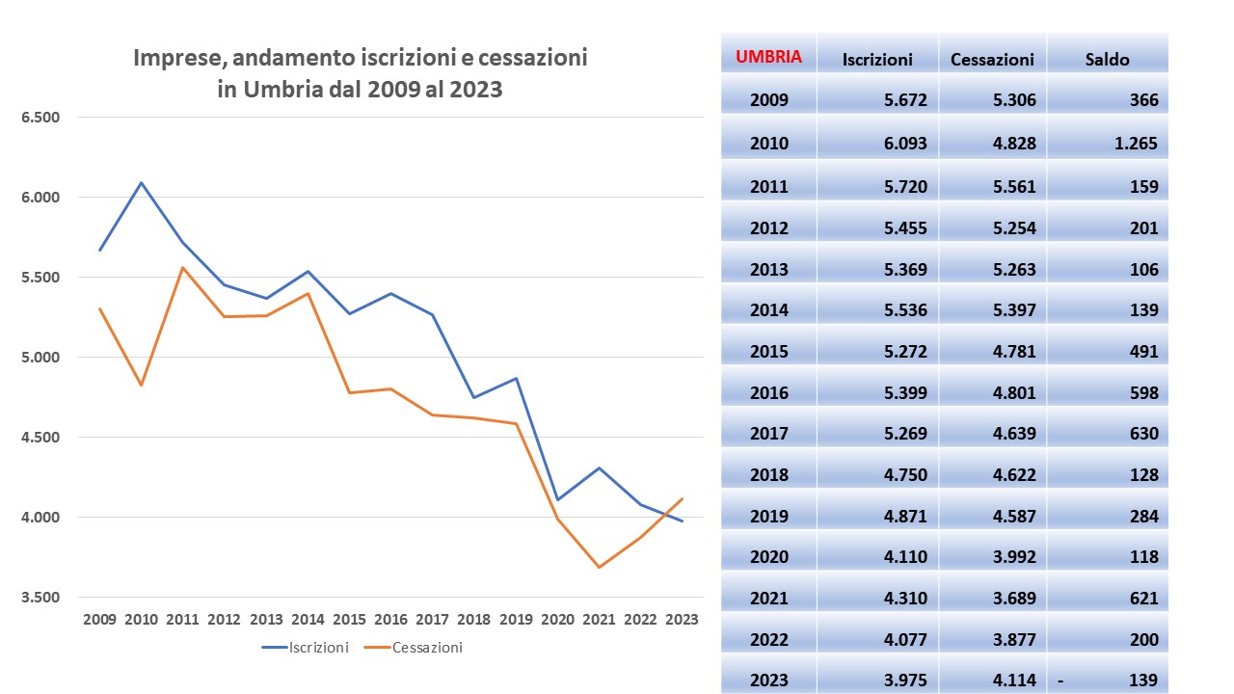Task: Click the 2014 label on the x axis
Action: click(307, 619)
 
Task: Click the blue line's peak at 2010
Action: click(142, 182)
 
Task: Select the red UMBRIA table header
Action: click(769, 57)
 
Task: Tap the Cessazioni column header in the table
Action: click(992, 59)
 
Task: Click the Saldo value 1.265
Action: click(1134, 144)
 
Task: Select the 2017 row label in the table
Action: click(768, 434)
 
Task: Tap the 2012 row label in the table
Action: click(768, 228)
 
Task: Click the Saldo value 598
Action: click(1141, 393)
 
